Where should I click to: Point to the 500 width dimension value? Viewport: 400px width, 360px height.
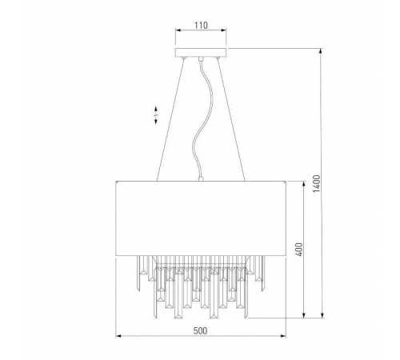[x=200, y=328]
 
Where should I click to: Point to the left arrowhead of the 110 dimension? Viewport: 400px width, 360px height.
[x=176, y=34]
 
